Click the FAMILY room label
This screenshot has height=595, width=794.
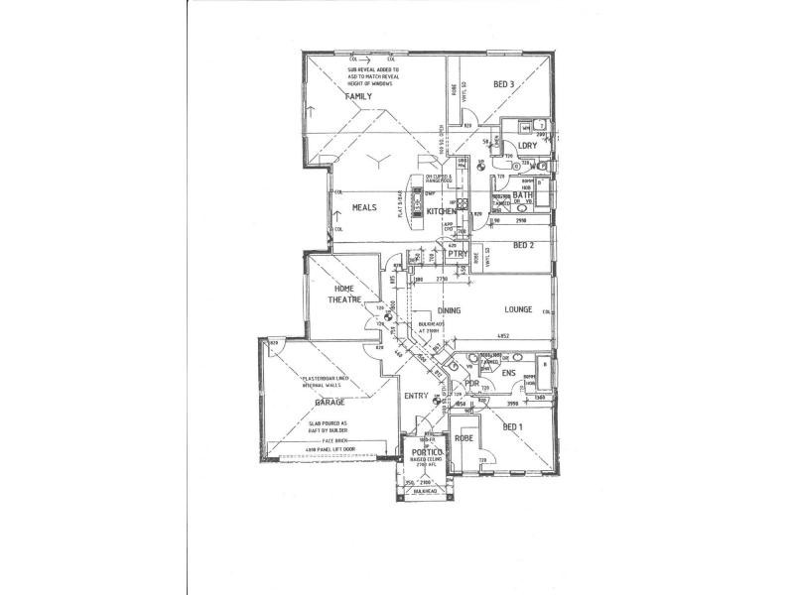[x=358, y=96]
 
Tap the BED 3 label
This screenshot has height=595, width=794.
[x=504, y=84]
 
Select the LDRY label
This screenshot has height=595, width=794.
[x=526, y=146]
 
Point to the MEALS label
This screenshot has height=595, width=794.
[x=359, y=208]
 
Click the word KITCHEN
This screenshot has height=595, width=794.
[x=442, y=211]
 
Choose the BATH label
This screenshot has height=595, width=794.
[x=524, y=196]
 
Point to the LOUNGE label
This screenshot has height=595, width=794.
[x=518, y=310]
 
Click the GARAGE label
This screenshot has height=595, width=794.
[x=330, y=404]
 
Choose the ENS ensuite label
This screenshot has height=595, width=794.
[x=508, y=374]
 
